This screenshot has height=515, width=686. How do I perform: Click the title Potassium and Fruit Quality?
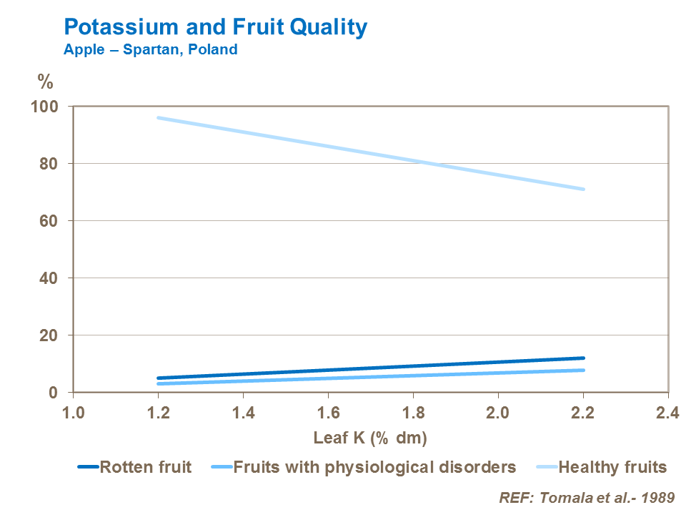[x=215, y=27]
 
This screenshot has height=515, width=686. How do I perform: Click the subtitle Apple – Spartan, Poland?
[x=150, y=50]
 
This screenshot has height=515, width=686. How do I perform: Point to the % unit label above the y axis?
[x=45, y=81]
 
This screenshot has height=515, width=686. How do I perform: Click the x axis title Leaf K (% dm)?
[x=370, y=437]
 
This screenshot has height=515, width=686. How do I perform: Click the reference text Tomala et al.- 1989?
[x=586, y=496]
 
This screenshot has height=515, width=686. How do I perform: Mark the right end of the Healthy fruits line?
[x=583, y=189]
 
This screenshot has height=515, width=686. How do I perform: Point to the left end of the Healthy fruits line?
[x=159, y=118]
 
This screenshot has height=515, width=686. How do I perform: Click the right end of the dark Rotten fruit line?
[x=583, y=358]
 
